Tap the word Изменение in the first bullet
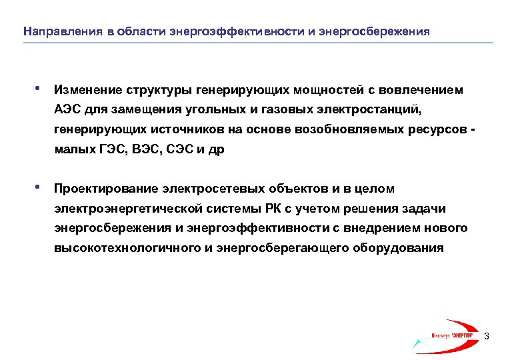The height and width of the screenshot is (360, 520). tap(88, 89)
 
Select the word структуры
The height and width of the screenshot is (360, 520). tap(157, 89)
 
